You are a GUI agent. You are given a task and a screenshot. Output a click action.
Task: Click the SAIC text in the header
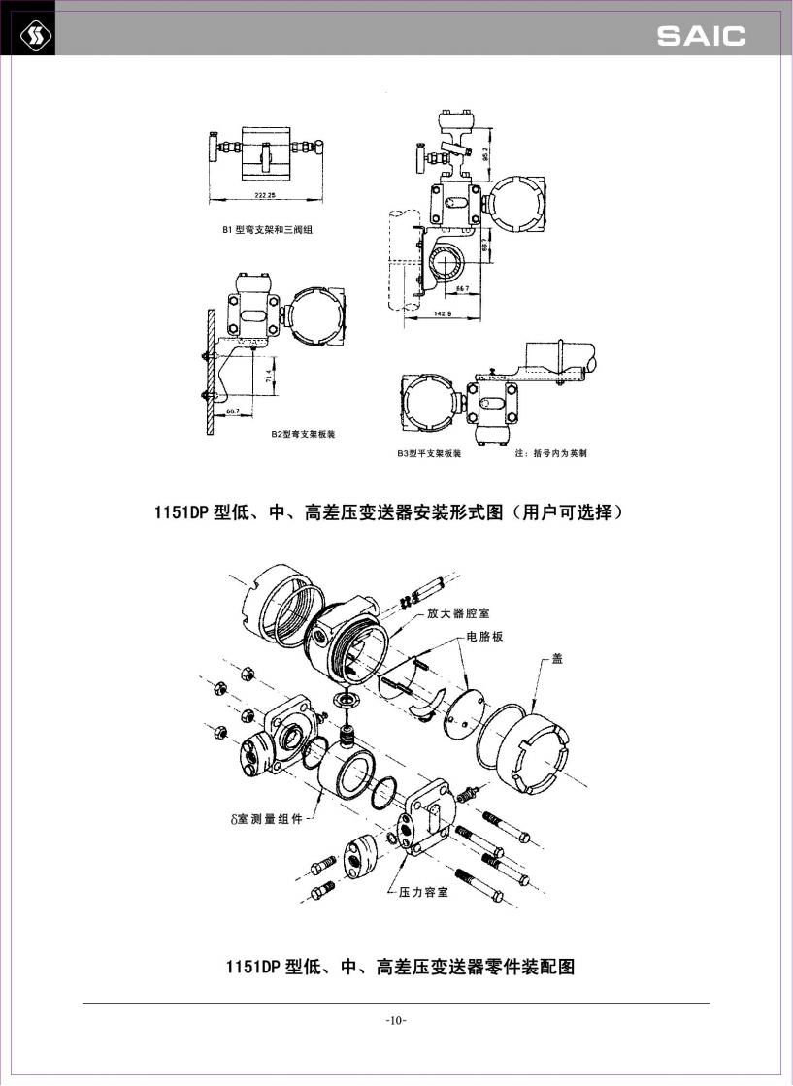(701, 36)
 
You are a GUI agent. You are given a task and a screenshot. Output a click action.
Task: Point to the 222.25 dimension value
(265, 195)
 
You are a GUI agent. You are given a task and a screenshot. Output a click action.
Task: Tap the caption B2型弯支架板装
(303, 434)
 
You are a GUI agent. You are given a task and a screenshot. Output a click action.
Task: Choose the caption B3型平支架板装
(428, 452)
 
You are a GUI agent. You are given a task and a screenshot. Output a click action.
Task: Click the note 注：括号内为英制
(550, 452)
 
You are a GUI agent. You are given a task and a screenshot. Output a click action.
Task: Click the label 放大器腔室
(457, 613)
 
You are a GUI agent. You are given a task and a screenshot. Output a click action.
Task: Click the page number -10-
(396, 1020)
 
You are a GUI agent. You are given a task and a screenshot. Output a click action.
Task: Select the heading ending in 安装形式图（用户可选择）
(388, 511)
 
